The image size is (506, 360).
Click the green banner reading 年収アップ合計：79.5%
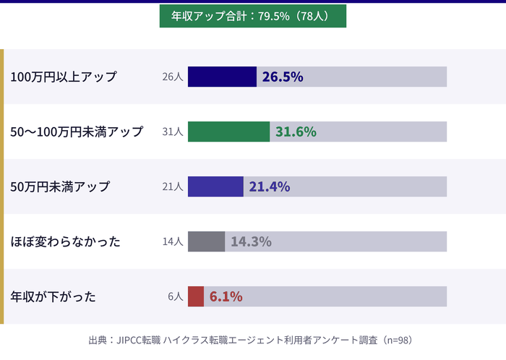252,16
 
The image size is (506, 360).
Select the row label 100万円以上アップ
64,77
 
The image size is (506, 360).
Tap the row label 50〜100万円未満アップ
77,132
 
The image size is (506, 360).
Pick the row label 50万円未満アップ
60,187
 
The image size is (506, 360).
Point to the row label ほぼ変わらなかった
65,241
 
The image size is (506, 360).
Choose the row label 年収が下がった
53,296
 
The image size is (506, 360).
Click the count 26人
173,77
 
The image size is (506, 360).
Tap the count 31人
173,132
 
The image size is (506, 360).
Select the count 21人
173,187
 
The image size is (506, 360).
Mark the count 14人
173,241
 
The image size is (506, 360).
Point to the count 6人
176,296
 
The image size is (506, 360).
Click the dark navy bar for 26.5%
222,77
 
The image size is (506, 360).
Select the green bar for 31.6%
228,132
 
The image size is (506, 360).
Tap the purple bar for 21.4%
215,187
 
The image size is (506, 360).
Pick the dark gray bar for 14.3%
207,241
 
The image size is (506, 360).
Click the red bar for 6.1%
196,296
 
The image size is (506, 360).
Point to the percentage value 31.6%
296,132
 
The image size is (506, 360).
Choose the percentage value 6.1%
226,296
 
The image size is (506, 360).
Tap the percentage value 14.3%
251,241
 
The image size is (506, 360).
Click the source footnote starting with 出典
252,339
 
